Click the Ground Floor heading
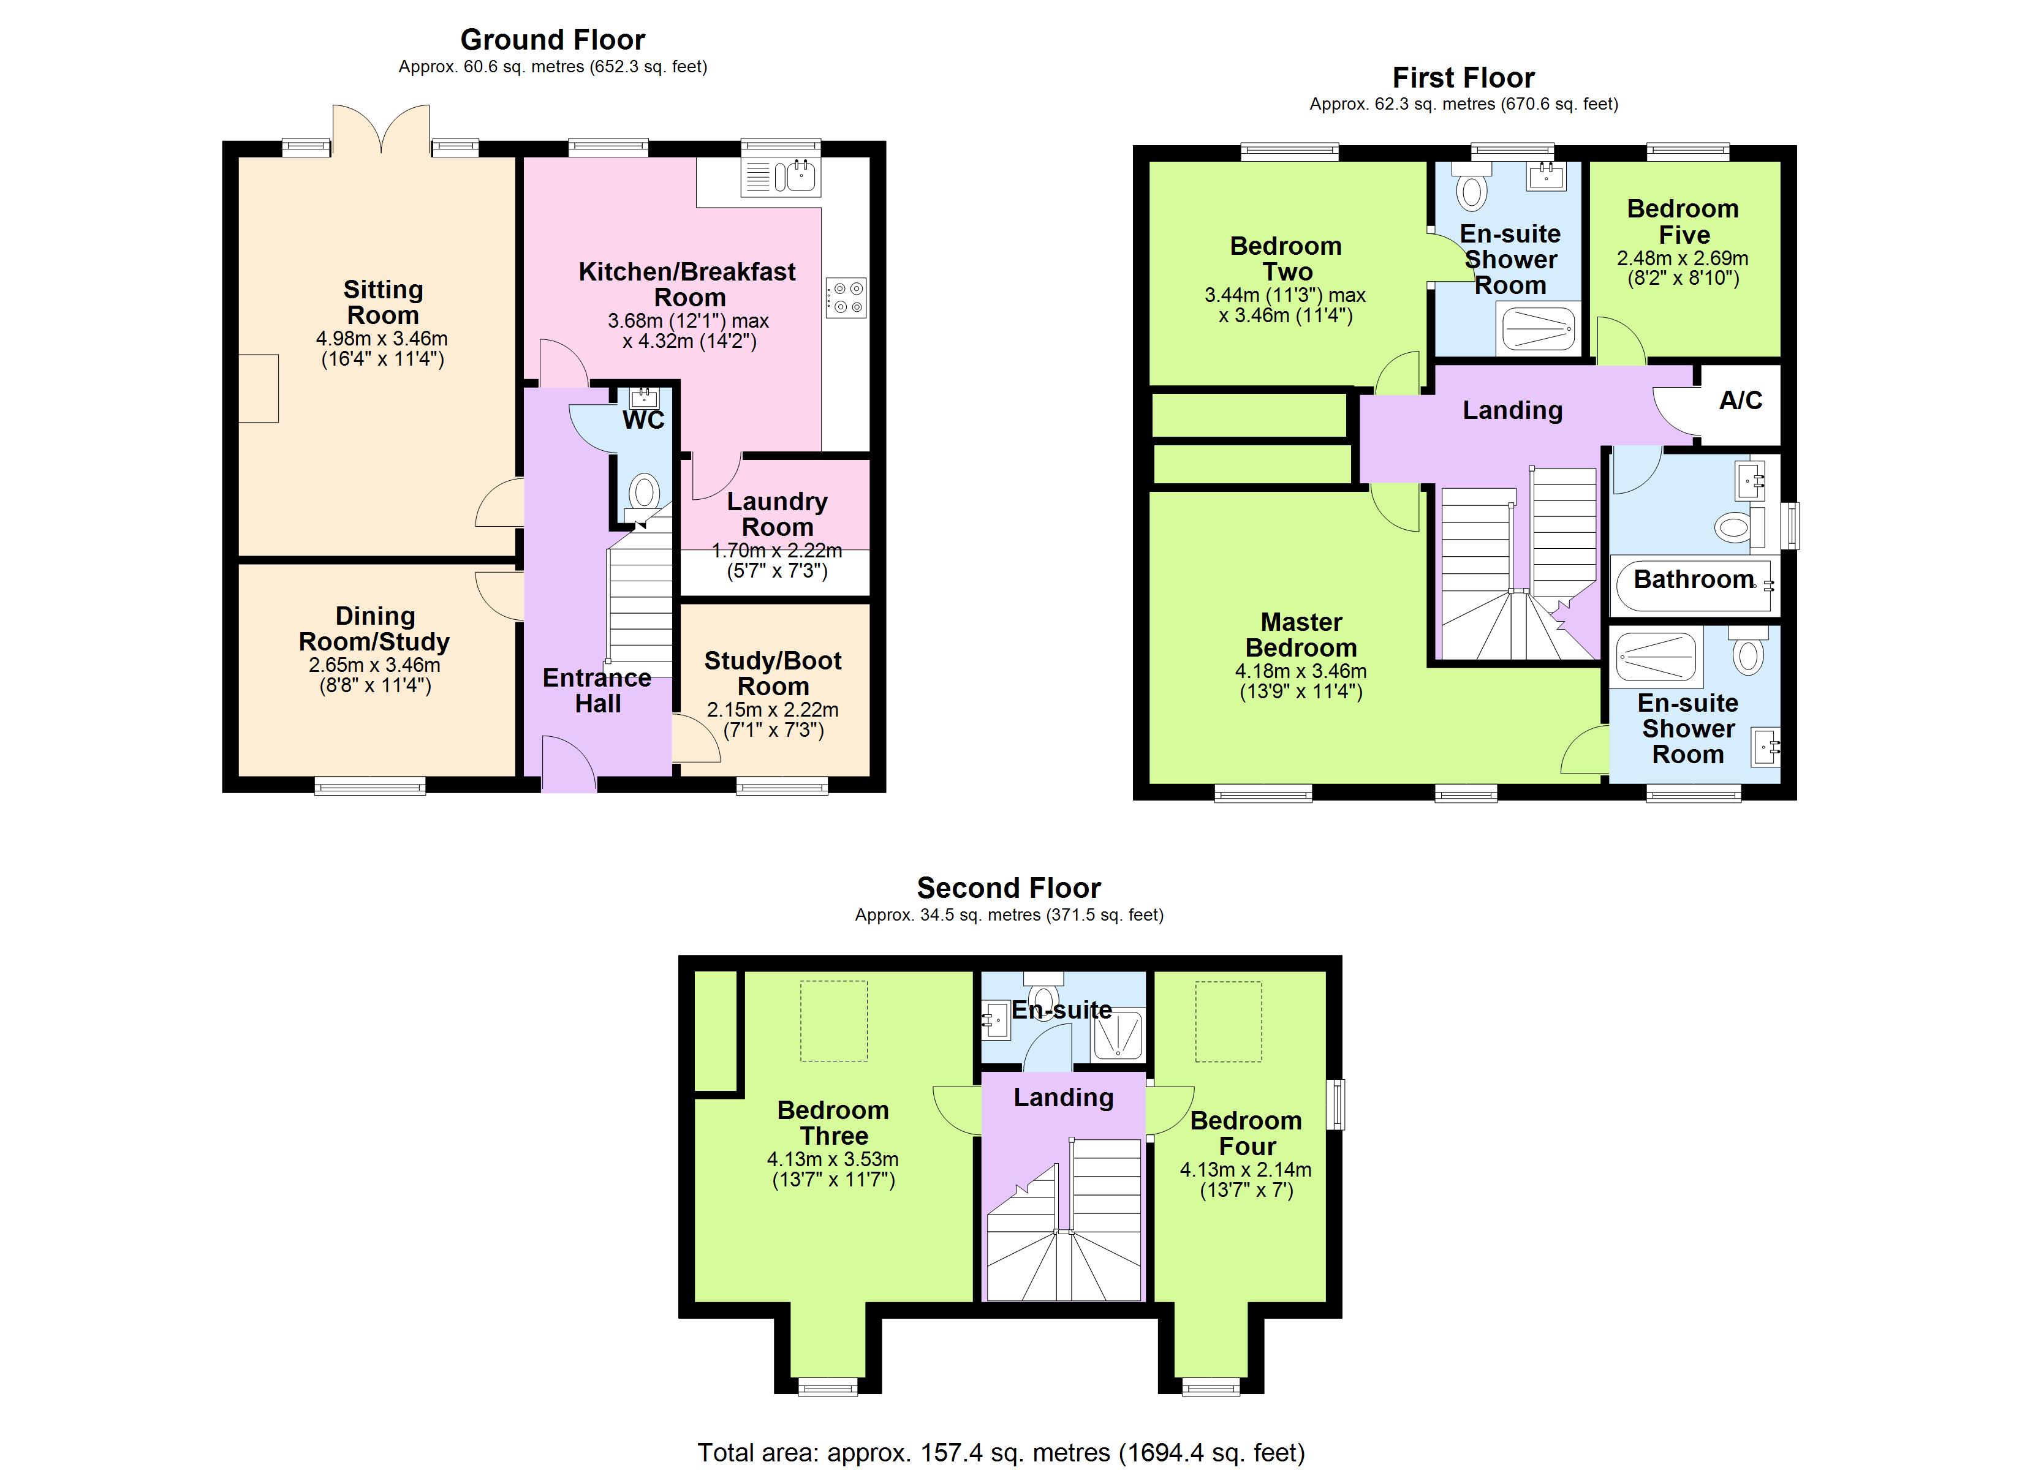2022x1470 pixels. click(x=553, y=39)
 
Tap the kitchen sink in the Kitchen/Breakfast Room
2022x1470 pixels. click(x=781, y=176)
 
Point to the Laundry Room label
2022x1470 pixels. click(x=778, y=514)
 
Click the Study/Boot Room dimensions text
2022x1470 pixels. click(x=773, y=720)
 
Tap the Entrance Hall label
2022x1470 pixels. click(x=597, y=691)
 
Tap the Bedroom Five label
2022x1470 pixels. click(x=1683, y=221)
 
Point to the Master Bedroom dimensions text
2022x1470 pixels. click(x=1301, y=681)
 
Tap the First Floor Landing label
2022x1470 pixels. click(x=1513, y=410)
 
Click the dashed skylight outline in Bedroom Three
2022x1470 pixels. click(x=833, y=1020)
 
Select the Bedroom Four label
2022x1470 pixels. click(x=1246, y=1133)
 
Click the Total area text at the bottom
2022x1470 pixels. click(x=1001, y=1452)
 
